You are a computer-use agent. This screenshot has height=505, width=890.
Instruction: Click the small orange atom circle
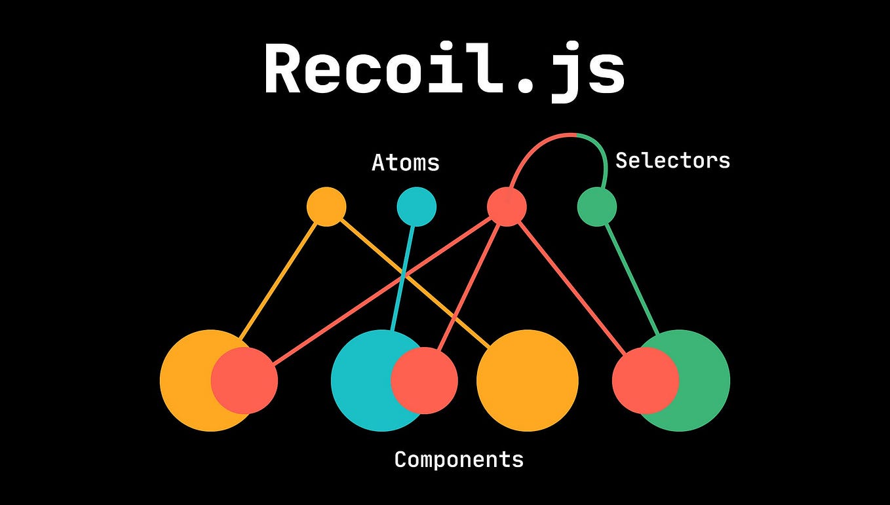(326, 207)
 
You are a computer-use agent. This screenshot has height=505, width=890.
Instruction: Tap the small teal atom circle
(416, 207)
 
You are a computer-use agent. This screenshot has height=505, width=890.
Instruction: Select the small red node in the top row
(507, 207)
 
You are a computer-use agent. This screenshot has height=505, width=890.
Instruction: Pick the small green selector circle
(596, 207)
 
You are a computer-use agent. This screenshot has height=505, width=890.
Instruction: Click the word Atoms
(405, 162)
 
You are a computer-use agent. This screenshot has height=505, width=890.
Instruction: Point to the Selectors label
(672, 160)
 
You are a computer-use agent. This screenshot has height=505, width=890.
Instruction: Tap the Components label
(459, 459)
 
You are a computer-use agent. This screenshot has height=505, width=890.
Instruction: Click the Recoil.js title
(444, 71)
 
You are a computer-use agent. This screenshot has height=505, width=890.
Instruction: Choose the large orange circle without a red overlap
(528, 381)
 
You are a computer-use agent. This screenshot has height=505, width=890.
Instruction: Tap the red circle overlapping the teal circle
(424, 381)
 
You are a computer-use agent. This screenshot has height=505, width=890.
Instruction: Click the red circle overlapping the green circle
(645, 381)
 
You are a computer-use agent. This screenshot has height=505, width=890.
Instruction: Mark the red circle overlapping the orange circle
(244, 381)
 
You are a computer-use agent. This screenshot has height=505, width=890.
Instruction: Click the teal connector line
(404, 275)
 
